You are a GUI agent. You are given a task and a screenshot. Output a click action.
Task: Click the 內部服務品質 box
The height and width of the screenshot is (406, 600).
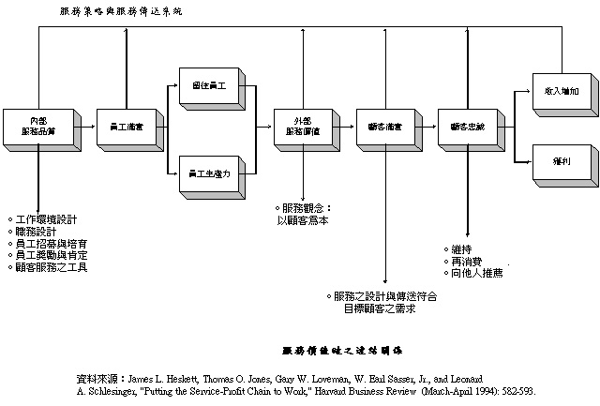[x=37, y=125]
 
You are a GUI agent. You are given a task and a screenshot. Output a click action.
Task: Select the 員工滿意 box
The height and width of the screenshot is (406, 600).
[x=118, y=125]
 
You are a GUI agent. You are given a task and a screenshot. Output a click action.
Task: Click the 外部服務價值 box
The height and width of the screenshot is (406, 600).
[x=301, y=125]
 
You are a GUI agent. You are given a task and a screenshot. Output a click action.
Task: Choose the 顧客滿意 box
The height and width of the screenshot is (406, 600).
[x=385, y=125]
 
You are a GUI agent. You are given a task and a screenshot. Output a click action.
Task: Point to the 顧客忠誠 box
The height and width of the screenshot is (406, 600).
[x=467, y=125]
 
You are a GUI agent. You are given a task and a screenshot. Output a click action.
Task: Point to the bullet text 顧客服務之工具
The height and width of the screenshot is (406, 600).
[x=51, y=267]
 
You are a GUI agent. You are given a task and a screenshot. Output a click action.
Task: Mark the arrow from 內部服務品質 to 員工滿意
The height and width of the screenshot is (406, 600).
[x=82, y=125]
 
